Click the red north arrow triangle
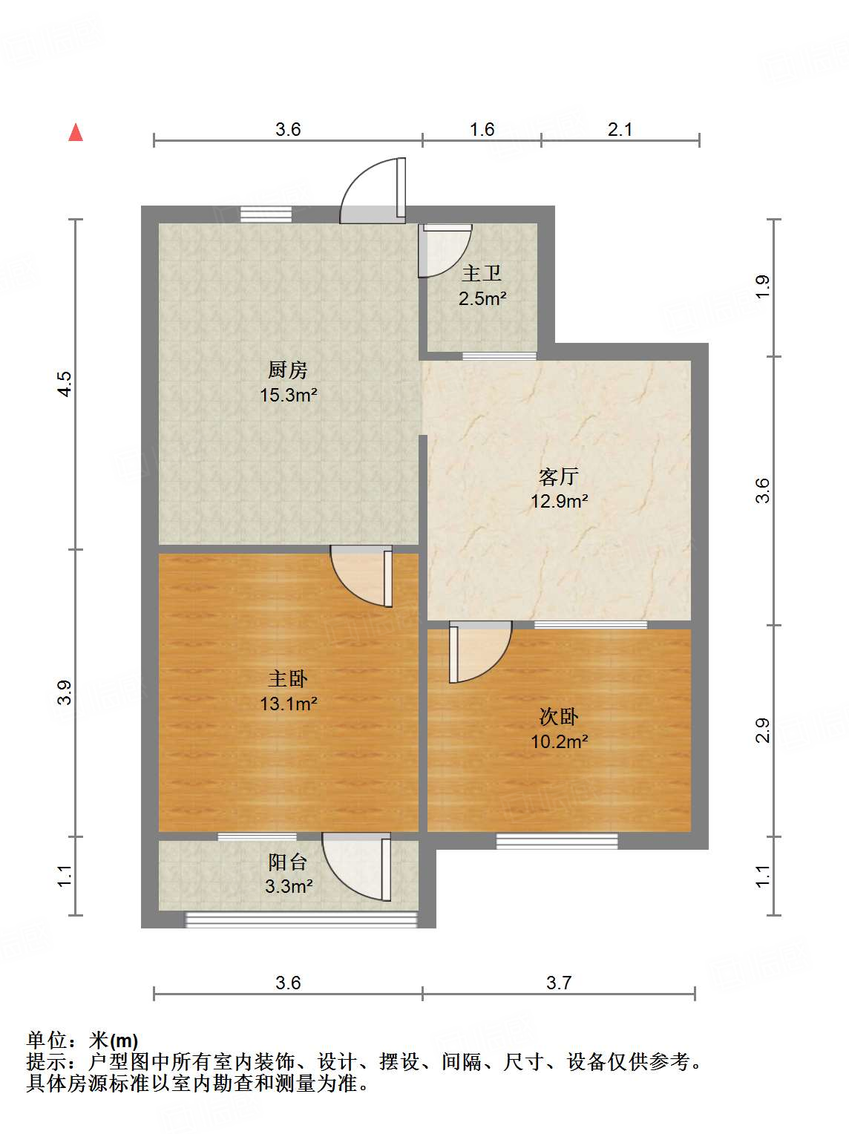(76, 132)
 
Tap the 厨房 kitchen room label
(288, 370)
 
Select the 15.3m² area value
(289, 395)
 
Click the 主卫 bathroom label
(482, 273)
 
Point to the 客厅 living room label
(559, 476)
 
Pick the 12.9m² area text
(560, 501)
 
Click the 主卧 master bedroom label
(288, 678)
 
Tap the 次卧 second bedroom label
(559, 716)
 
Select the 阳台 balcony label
(288, 862)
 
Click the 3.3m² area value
(289, 886)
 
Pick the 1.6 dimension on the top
(482, 130)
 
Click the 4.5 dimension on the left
(65, 384)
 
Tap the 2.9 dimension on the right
(763, 730)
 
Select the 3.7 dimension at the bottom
(559, 983)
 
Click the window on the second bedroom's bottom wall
(557, 841)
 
